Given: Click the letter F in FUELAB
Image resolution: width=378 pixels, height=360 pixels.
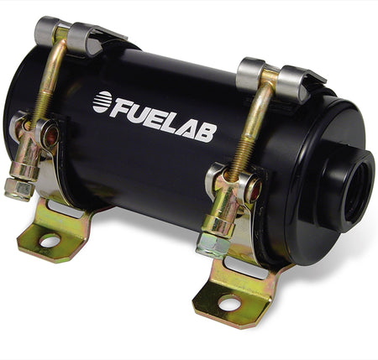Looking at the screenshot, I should click(121, 104).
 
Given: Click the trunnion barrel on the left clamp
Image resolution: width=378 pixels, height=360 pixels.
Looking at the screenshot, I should click(25, 151).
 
